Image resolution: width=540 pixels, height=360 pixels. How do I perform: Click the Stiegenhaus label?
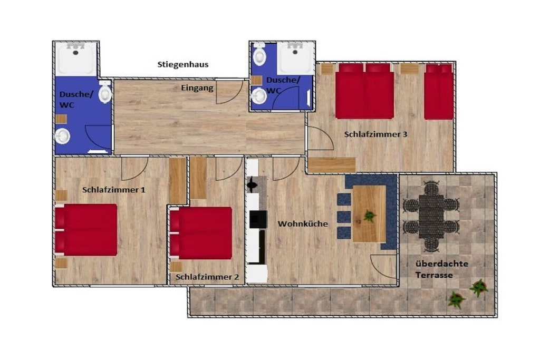183,65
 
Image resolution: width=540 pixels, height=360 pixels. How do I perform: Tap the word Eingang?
197,89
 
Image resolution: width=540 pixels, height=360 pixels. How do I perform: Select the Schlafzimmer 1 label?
114,190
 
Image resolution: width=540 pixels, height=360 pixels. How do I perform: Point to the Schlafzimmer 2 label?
207,277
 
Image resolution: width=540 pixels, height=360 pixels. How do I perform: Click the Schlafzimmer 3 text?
375,134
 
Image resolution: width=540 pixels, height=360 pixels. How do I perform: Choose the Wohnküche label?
303,223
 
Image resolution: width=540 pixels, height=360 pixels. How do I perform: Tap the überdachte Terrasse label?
441,269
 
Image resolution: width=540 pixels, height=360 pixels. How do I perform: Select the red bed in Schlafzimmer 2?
201,233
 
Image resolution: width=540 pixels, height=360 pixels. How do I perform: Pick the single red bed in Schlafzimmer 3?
438,92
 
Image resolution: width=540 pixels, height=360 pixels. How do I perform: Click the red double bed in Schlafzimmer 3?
365,91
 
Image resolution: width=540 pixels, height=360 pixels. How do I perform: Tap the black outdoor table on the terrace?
431,217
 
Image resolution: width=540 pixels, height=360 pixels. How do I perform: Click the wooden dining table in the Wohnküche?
369,213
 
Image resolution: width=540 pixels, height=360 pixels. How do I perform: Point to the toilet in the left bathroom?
105,92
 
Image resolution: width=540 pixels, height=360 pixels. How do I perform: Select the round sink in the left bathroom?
63,137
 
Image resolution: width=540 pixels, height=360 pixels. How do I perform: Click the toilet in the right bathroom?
259,54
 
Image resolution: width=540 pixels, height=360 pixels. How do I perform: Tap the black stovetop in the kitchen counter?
258,220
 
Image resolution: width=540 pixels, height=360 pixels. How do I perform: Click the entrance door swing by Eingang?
229,92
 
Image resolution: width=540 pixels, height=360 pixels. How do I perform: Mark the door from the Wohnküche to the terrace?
384,267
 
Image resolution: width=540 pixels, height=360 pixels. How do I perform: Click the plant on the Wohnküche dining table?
370,216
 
